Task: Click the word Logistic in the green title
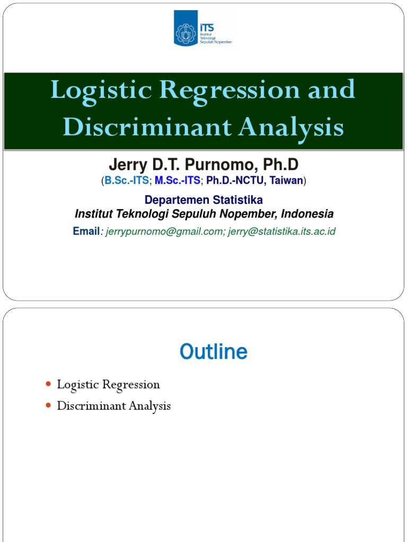pyautogui.click(x=99, y=90)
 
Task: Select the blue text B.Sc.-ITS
pyautogui.click(x=126, y=181)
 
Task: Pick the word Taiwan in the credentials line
pyautogui.click(x=286, y=181)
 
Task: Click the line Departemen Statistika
pyautogui.click(x=203, y=200)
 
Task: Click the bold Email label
pyautogui.click(x=86, y=231)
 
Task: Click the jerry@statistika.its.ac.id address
pyautogui.click(x=282, y=231)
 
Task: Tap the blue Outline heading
pyautogui.click(x=213, y=352)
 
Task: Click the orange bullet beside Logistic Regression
pyautogui.click(x=48, y=384)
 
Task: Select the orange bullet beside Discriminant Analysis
pyautogui.click(x=48, y=405)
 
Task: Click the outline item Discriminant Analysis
pyautogui.click(x=114, y=406)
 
